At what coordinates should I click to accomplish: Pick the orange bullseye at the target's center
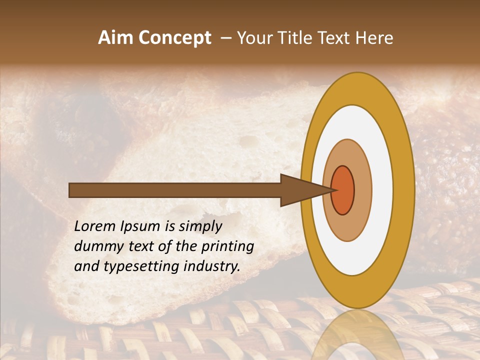coord(343,190)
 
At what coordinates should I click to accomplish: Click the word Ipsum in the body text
coord(144,226)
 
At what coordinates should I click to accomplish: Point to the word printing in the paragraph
coord(228,246)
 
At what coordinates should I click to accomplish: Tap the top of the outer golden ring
coord(357,88)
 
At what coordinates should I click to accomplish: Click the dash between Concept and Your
coord(225,38)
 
